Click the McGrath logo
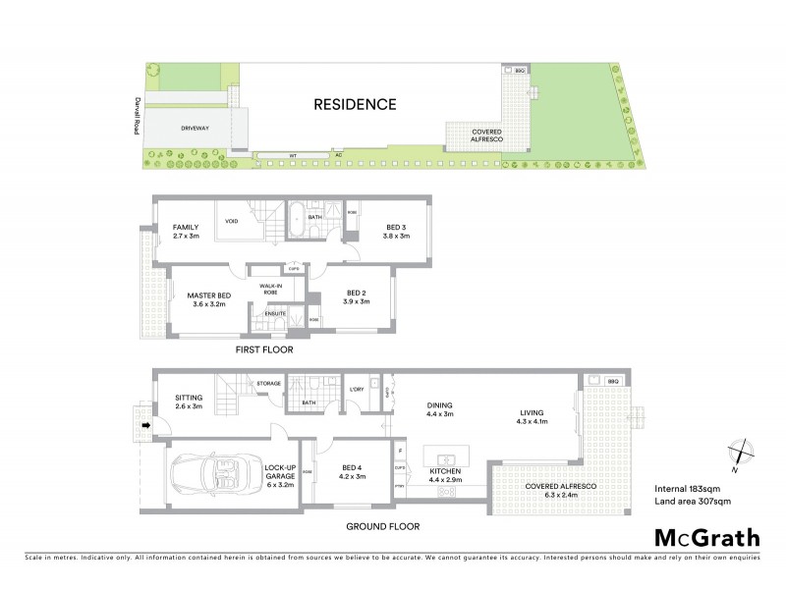point(707,537)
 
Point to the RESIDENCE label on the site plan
point(355,104)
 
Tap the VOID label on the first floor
point(232,221)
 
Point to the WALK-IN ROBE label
point(271,289)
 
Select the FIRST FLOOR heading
point(263,349)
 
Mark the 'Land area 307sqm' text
point(693,502)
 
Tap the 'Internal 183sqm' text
point(688,488)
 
